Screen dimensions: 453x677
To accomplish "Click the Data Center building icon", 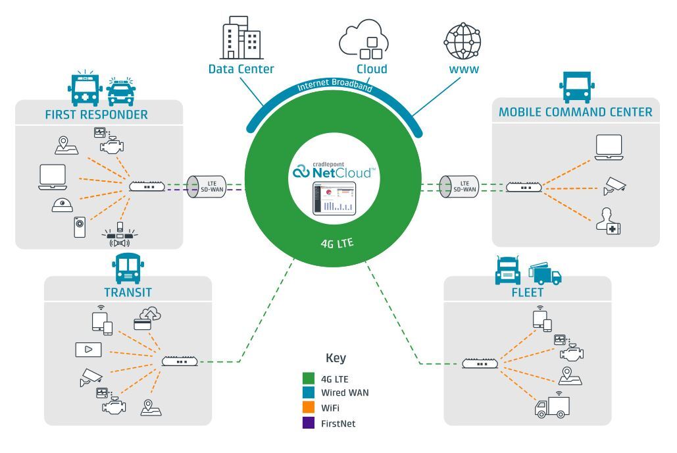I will coord(241,38).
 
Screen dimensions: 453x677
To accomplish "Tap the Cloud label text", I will coord(372,68).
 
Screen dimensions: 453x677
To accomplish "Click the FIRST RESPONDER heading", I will coord(96,115).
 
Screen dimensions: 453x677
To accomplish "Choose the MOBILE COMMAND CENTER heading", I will coord(575,112).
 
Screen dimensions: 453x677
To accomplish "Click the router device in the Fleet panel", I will coord(480,363).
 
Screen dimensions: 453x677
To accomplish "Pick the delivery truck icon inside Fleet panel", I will coord(552,407).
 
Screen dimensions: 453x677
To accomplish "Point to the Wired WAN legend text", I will coord(345,393).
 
